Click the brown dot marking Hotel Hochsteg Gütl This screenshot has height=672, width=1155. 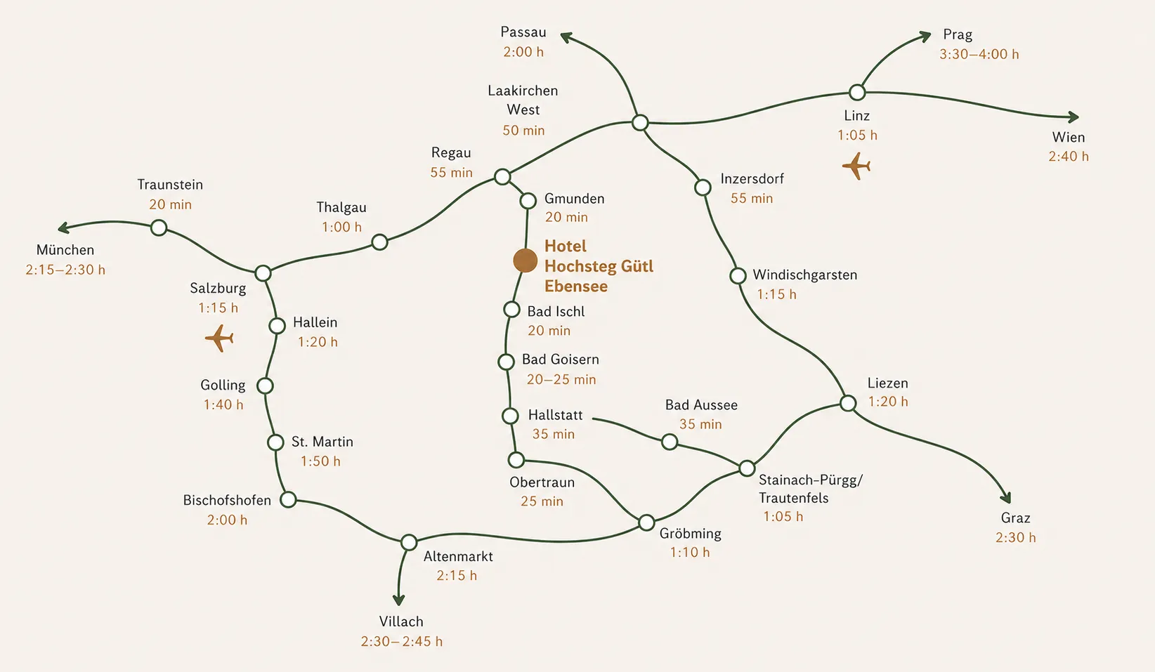525,261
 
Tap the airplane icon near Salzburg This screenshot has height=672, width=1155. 219,338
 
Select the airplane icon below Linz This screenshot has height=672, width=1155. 856,166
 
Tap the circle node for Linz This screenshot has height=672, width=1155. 856,93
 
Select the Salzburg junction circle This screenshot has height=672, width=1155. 263,273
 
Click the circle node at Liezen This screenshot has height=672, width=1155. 848,403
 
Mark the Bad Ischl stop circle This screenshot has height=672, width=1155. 511,310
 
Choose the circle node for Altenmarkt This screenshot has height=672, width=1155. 409,542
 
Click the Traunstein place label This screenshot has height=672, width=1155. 170,185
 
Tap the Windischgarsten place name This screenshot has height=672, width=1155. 804,275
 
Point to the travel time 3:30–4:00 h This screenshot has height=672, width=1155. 979,54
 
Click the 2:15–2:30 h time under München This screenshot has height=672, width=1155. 65,270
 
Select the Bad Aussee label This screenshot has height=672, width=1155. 701,405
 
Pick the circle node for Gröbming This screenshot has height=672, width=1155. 646,522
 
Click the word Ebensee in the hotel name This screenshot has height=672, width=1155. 575,286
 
